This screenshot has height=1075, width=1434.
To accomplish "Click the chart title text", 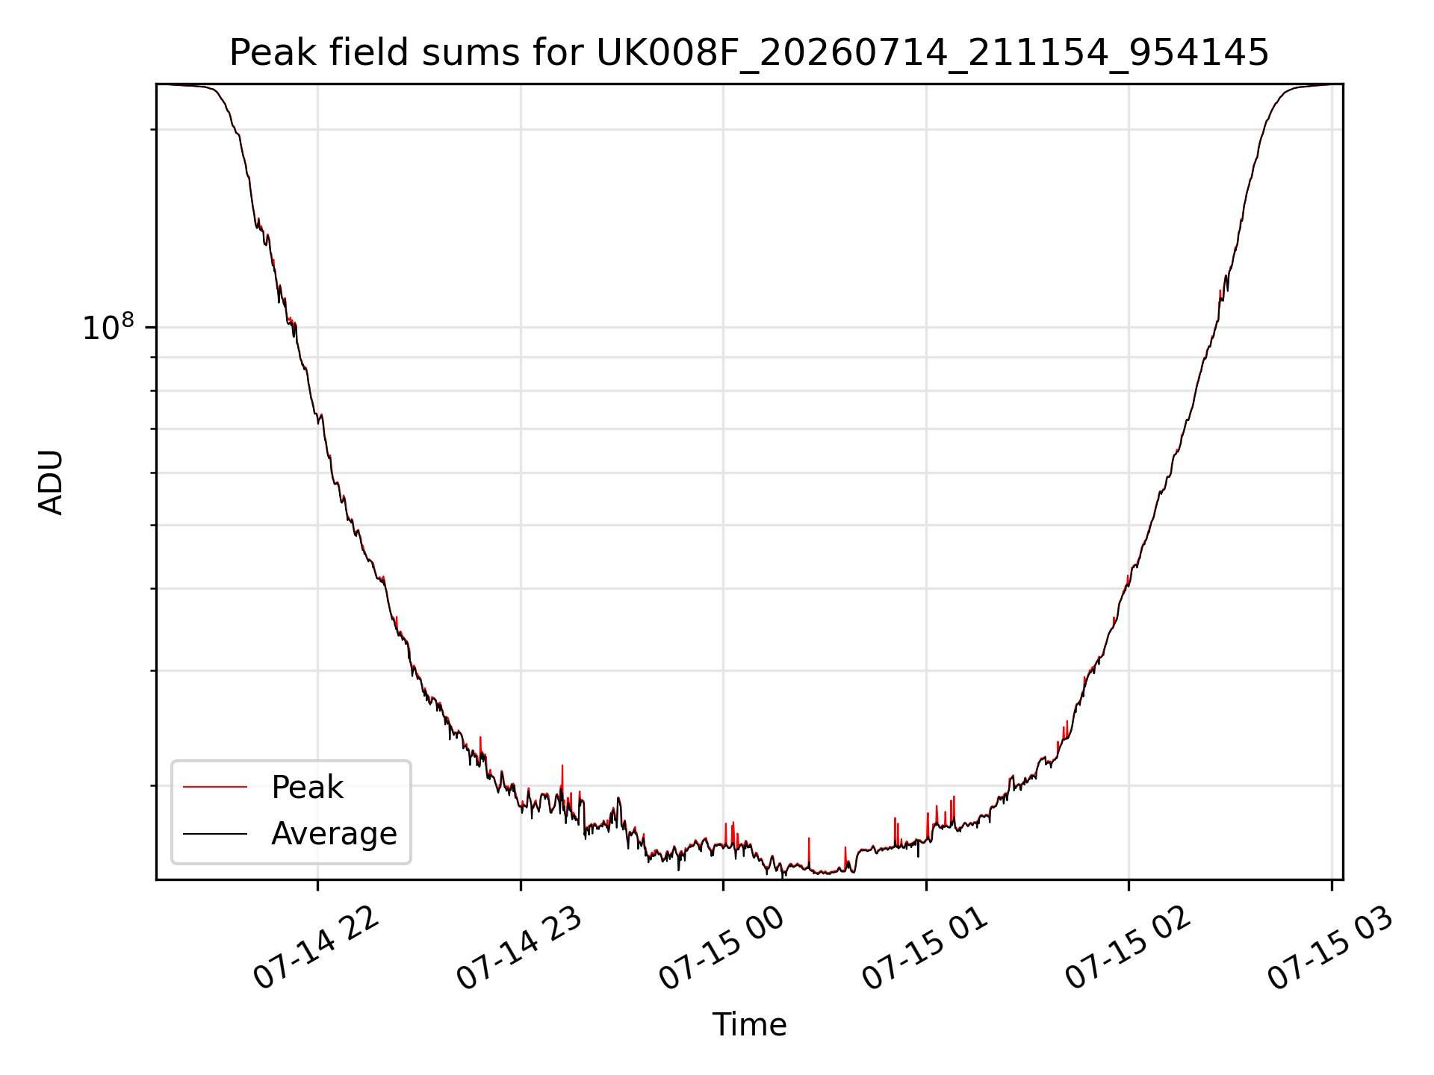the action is pos(748,53).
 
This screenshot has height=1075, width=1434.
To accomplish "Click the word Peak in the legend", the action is pos(307,788).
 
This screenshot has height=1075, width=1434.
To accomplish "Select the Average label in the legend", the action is pos(334,834).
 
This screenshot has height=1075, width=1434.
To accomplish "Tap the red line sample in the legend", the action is pos(215,787).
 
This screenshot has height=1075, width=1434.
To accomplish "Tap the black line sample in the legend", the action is pos(215,833).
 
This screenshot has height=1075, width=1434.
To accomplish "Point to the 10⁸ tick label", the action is pos(108,327).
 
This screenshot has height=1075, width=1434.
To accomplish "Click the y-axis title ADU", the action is pos(51,482).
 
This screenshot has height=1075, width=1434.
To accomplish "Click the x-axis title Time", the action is pos(749,1025).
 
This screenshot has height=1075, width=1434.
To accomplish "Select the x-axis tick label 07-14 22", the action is pos(317,950).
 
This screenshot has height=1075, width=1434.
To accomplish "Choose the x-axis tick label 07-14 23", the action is pos(519,950).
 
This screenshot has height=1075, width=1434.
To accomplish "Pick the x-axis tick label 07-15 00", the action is pos(722,950).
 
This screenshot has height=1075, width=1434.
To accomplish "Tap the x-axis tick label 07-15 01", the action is pos(925,950).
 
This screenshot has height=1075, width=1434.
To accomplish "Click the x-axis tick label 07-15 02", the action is pos(1128,950).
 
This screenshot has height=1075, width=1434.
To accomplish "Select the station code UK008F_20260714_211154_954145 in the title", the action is pos(933,54).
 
